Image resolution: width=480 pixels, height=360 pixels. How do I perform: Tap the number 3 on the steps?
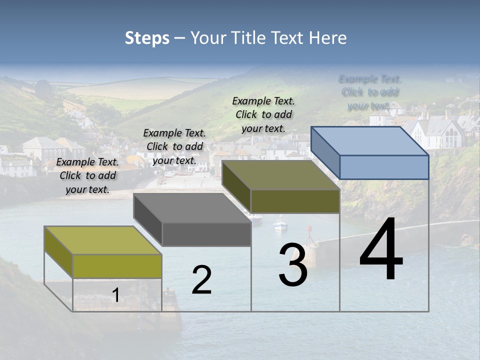click(x=292, y=265)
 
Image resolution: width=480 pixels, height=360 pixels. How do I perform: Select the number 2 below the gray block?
click(x=201, y=280)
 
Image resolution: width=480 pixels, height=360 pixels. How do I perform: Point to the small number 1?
click(x=115, y=295)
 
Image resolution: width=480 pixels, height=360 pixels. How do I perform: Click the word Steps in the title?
click(x=147, y=38)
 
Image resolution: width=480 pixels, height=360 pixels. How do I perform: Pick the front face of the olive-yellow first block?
click(x=117, y=266)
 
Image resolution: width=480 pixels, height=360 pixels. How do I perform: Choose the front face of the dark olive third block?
click(x=295, y=201)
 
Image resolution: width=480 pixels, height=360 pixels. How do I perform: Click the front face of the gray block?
click(x=206, y=234)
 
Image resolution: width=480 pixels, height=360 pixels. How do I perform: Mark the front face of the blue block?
click(x=384, y=167)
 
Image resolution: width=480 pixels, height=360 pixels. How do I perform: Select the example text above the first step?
click(x=87, y=175)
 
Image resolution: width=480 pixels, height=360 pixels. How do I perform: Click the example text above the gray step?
click(x=174, y=146)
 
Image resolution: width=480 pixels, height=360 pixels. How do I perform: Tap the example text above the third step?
click(x=263, y=114)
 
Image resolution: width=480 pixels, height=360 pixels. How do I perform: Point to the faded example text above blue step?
click(x=369, y=92)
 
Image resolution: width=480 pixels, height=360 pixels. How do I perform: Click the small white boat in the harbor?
click(x=280, y=224)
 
